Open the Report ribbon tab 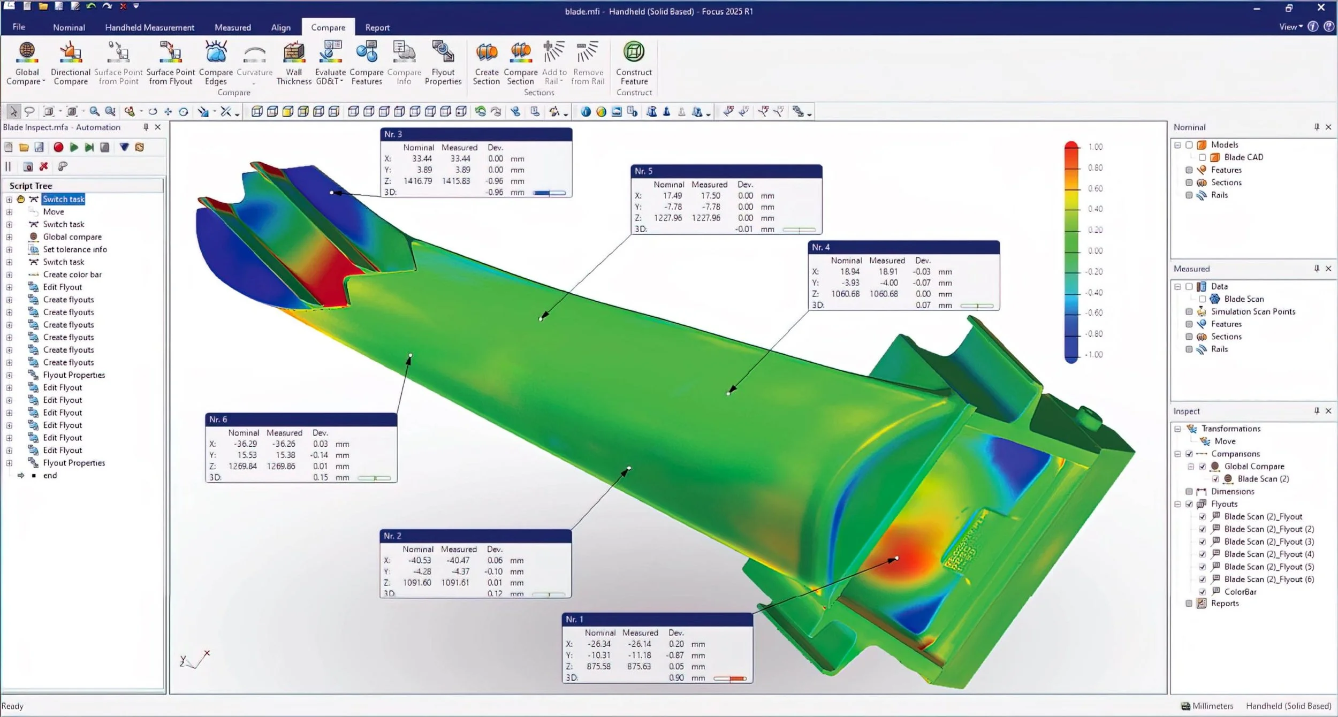[377, 27]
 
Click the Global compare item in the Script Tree [72, 237]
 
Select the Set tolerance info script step [75, 249]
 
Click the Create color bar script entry [72, 274]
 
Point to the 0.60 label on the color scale [1095, 188]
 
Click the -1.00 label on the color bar [1094, 354]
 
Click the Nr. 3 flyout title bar [475, 134]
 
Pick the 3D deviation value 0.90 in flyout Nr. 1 [676, 678]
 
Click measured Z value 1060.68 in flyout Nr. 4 [884, 294]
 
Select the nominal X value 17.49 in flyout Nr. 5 [672, 196]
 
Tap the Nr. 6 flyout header [301, 419]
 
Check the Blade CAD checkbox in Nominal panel [1203, 157]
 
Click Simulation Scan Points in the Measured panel [1253, 311]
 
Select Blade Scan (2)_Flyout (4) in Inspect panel [1268, 554]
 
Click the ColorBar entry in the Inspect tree [1240, 592]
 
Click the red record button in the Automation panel [58, 147]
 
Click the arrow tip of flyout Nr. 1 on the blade [897, 559]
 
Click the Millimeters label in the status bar [1213, 706]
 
